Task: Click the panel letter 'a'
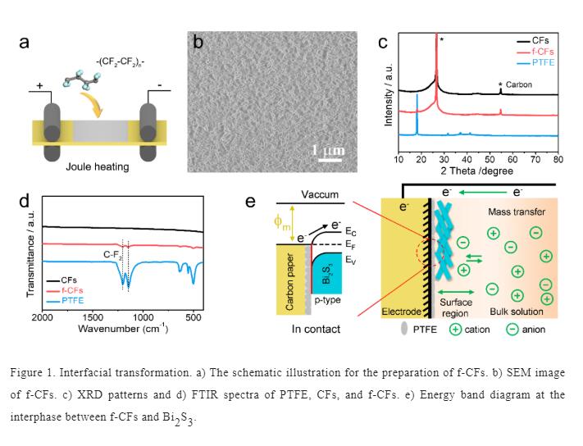(x=25, y=43)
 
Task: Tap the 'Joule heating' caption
(x=98, y=167)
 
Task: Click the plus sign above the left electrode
(x=38, y=85)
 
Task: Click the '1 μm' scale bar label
(x=328, y=151)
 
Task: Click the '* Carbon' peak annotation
(x=515, y=84)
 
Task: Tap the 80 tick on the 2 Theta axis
(x=558, y=158)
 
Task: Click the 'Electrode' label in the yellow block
(x=401, y=312)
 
